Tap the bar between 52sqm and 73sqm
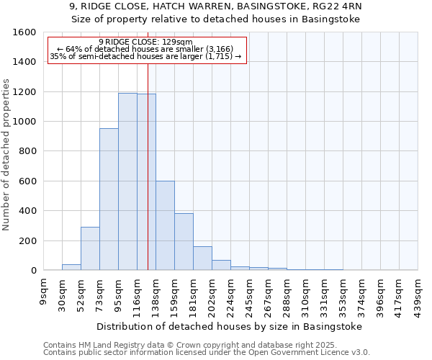pos(90,248)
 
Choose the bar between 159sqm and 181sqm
pos(184,242)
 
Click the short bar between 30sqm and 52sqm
pos(71,267)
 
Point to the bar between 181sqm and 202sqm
pos(202,258)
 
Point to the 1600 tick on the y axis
pos(24,32)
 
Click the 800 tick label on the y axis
pos(27,151)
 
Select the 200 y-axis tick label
pos(27,240)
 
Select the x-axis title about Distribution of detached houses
pos(228,326)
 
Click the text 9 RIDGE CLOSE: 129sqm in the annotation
pos(145,42)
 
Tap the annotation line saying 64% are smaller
pos(145,49)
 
